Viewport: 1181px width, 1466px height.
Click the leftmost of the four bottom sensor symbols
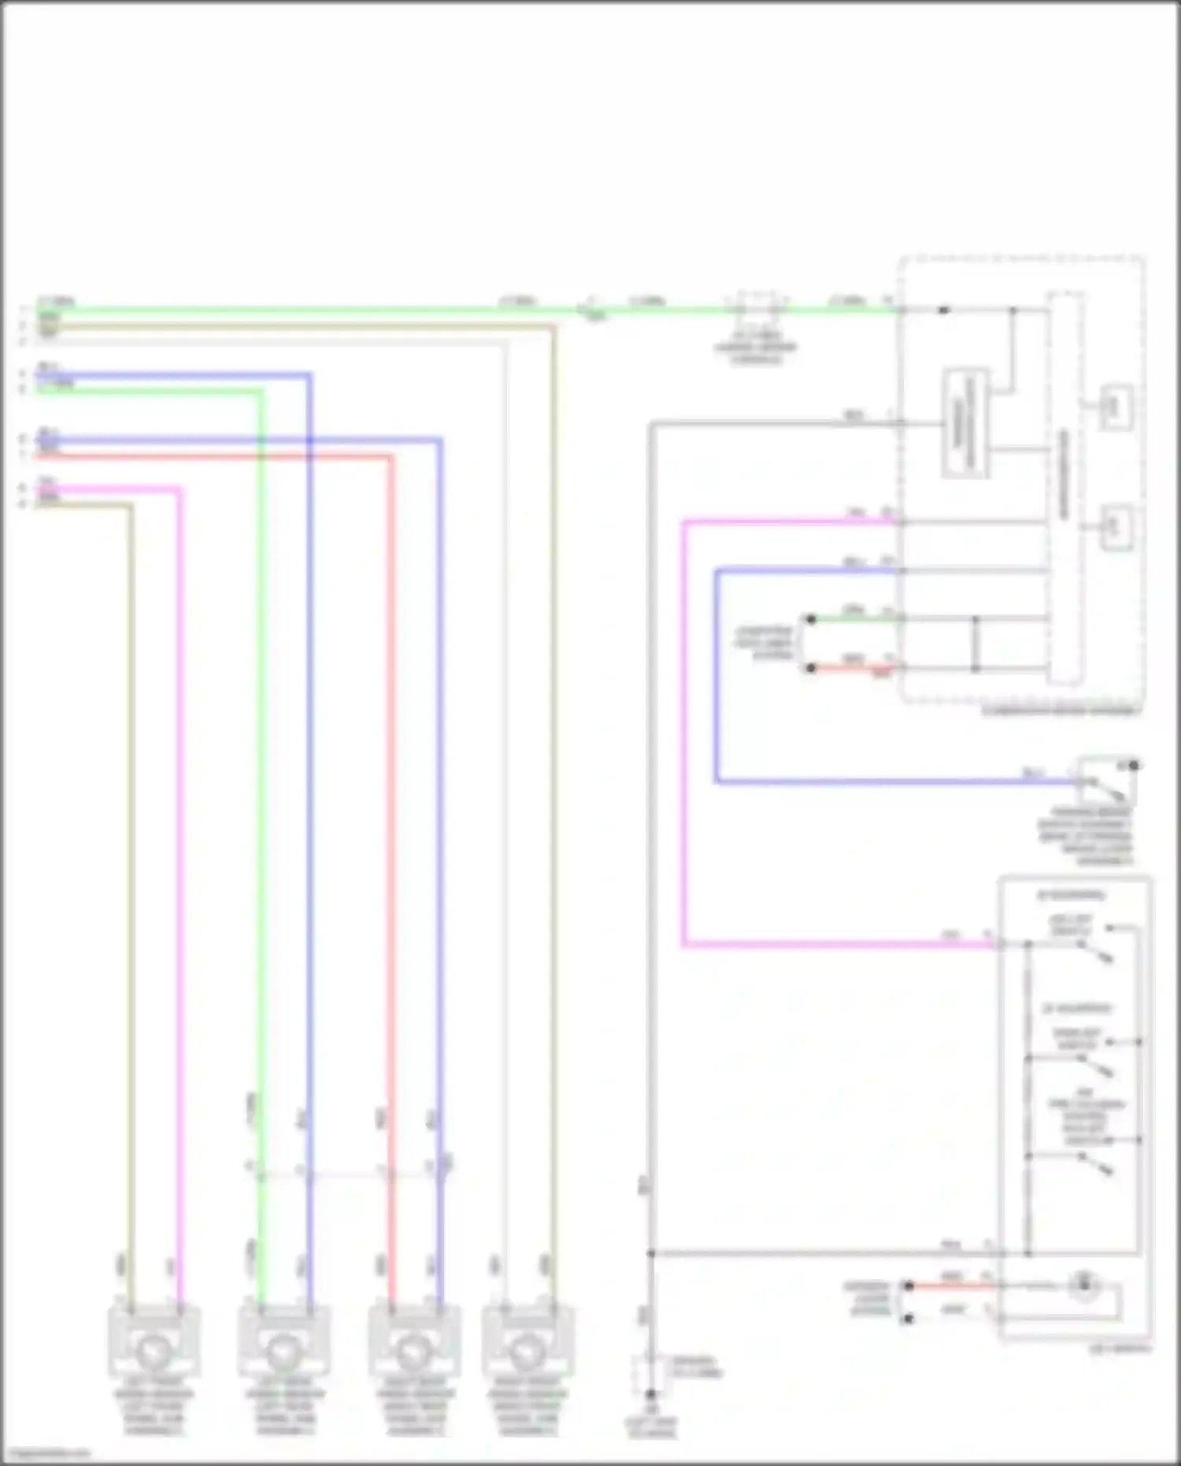pyautogui.click(x=154, y=1350)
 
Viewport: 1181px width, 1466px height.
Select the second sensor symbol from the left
pyautogui.click(x=284, y=1350)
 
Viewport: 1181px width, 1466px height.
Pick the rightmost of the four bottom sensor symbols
pyautogui.click(x=528, y=1350)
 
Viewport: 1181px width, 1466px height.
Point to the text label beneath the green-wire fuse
pyautogui.click(x=756, y=347)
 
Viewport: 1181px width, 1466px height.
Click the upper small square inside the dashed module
pyautogui.click(x=1116, y=406)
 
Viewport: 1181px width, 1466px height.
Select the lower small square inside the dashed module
pyautogui.click(x=1116, y=526)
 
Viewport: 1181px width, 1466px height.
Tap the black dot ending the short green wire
pyautogui.click(x=811, y=619)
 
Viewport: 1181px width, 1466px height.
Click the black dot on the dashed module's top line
pyautogui.click(x=943, y=310)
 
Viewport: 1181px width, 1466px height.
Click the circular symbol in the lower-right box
pyautogui.click(x=1085, y=1285)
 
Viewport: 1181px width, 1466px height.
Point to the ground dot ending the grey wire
pyautogui.click(x=650, y=1394)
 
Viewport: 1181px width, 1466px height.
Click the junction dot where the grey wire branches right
pyautogui.click(x=651, y=1253)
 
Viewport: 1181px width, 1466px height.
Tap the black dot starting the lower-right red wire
pyautogui.click(x=908, y=1285)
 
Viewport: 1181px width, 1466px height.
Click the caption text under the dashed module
pyautogui.click(x=1059, y=711)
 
